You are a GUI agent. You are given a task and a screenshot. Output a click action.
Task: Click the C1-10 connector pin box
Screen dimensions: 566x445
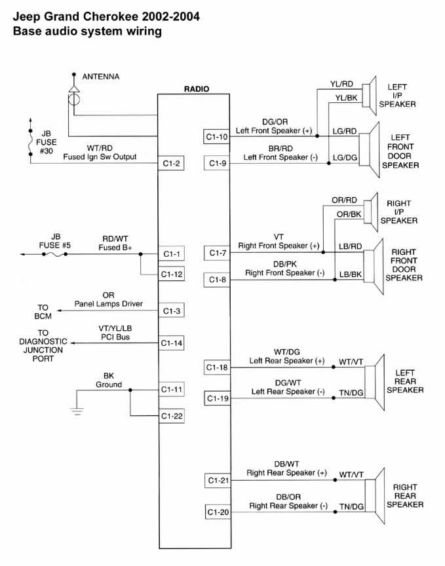[216, 137]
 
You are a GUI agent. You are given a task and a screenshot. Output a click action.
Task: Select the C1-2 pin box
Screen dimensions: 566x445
[171, 163]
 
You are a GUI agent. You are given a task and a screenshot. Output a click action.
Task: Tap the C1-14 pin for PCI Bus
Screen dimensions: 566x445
[171, 343]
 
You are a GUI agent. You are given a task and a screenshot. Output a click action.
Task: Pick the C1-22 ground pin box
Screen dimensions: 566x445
[171, 416]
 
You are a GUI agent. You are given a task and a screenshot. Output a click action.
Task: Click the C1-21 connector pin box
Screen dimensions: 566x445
[216, 480]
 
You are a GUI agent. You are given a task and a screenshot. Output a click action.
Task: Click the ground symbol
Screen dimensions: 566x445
[77, 411]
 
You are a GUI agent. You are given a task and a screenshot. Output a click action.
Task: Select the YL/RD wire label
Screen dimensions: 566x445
[341, 84]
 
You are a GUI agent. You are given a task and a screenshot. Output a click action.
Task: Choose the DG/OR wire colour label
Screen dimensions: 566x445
[275, 121]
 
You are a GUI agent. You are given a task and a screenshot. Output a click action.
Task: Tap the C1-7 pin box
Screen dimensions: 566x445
[216, 253]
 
